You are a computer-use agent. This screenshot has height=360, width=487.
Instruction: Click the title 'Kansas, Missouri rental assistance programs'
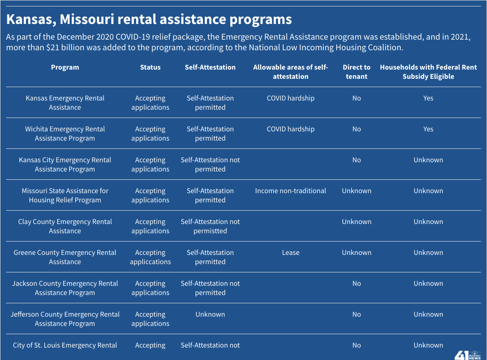pyautogui.click(x=148, y=19)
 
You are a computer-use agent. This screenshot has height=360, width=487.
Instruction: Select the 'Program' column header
pyautogui.click(x=65, y=67)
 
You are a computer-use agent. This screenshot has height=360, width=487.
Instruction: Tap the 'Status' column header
pyautogui.click(x=150, y=67)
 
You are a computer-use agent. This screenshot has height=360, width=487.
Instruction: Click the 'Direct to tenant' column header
pyautogui.click(x=356, y=72)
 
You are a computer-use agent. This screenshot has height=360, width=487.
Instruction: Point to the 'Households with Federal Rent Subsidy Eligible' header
pyautogui.click(x=428, y=72)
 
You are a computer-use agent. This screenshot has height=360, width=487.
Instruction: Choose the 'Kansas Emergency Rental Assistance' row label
pyautogui.click(x=65, y=103)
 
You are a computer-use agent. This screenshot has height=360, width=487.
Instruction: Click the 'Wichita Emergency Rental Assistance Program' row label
pyautogui.click(x=65, y=134)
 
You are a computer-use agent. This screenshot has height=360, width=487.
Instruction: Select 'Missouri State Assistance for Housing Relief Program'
pyautogui.click(x=65, y=195)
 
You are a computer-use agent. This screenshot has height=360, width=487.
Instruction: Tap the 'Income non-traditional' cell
pyautogui.click(x=291, y=191)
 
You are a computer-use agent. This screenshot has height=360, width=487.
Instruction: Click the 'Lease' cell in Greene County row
pyautogui.click(x=291, y=253)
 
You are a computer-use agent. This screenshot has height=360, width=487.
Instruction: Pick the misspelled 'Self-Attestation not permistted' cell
pyautogui.click(x=210, y=226)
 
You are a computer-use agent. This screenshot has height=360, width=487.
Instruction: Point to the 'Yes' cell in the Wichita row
pyautogui.click(x=428, y=129)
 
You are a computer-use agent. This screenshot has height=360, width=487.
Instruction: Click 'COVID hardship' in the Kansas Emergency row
pyautogui.click(x=291, y=98)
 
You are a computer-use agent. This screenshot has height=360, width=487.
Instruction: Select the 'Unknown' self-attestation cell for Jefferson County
pyautogui.click(x=210, y=314)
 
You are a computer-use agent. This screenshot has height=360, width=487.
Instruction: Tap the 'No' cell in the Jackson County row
pyautogui.click(x=356, y=283)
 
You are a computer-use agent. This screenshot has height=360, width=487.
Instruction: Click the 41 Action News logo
pyautogui.click(x=467, y=354)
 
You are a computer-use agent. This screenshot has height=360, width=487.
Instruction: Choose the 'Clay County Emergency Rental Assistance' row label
pyautogui.click(x=65, y=226)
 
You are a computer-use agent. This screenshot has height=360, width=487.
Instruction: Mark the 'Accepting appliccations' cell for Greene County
pyautogui.click(x=150, y=257)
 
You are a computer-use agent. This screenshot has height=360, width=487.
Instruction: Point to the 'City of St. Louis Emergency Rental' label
pyautogui.click(x=65, y=345)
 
